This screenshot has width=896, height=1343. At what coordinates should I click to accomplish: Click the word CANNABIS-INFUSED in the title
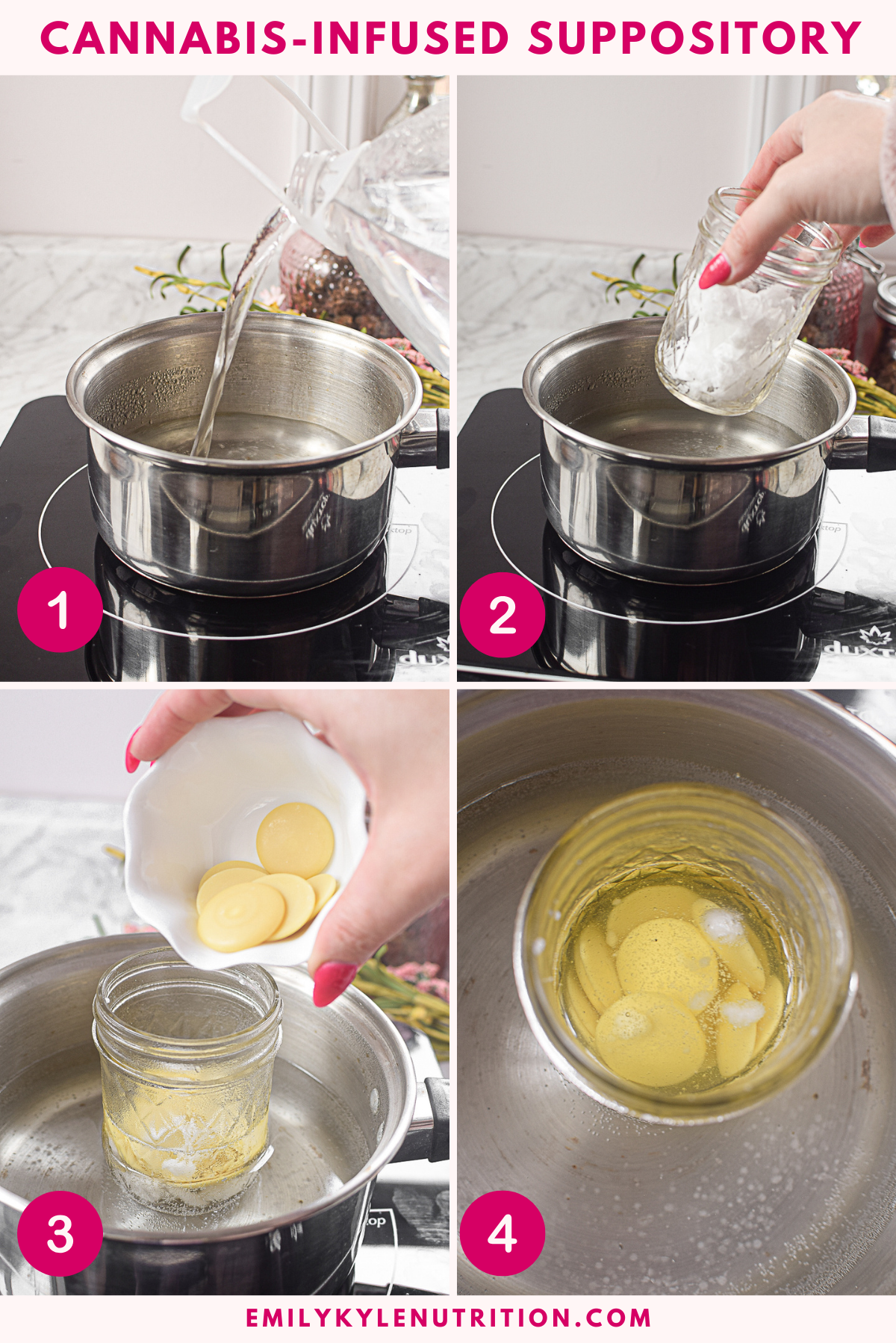tap(274, 38)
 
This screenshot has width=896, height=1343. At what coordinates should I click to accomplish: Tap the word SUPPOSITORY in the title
tap(694, 38)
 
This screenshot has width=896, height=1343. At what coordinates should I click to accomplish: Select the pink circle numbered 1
tap(60, 610)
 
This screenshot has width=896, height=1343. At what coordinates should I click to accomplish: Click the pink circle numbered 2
tap(502, 616)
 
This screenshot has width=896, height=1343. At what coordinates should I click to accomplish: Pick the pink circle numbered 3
tap(60, 1233)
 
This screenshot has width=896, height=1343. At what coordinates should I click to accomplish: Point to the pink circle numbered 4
tap(502, 1233)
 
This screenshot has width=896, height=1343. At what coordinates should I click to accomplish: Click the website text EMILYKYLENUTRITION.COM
tap(448, 1318)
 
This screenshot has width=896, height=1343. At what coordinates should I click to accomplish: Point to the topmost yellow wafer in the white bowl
tap(295, 839)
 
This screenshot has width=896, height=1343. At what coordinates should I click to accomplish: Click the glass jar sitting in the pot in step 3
tap(187, 1082)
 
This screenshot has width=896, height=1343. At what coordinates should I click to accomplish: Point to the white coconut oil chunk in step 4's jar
tap(721, 925)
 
